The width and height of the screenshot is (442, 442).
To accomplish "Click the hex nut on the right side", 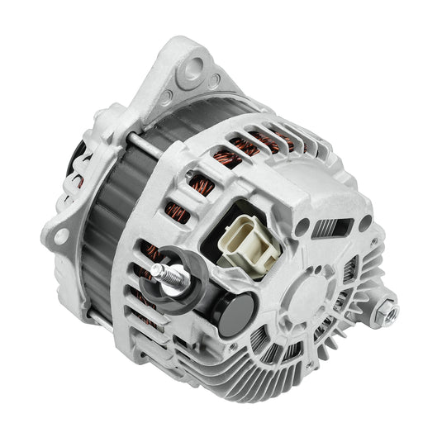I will click(x=385, y=310).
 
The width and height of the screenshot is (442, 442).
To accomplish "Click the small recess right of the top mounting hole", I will click(x=216, y=81).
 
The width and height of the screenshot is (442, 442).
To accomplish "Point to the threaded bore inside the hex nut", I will click(x=387, y=311).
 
